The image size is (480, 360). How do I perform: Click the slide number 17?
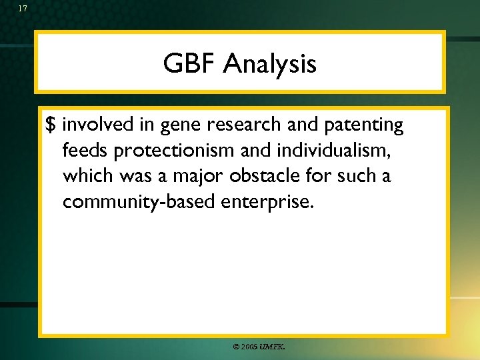pyautogui.click(x=23, y=9)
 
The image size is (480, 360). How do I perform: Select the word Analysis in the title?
pyautogui.click(x=270, y=65)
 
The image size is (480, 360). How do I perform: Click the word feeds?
pyautogui.click(x=85, y=151)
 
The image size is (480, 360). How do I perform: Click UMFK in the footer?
pyautogui.click(x=272, y=347)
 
